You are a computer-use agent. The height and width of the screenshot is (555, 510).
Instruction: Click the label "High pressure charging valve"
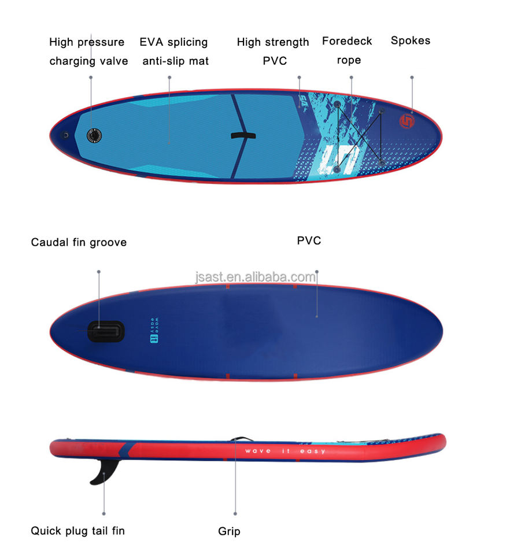tap(88, 51)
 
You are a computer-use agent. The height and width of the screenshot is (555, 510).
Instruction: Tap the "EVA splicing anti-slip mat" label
tap(174, 51)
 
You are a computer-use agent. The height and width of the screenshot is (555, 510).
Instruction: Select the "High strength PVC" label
tap(273, 51)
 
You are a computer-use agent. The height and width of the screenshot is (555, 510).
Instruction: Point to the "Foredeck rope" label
tap(347, 50)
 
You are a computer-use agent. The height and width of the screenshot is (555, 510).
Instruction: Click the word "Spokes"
tap(410, 40)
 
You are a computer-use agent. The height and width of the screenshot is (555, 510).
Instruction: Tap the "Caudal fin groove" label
tap(79, 242)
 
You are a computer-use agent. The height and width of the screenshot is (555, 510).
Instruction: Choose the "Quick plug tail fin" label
tap(77, 530)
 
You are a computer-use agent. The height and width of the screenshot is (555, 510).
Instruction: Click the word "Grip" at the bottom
tap(229, 531)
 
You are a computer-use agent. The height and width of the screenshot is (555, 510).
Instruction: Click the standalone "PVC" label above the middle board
tap(309, 240)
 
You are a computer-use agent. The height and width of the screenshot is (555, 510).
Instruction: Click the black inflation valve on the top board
tap(94, 135)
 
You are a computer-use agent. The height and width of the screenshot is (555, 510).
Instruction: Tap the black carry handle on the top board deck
tap(243, 136)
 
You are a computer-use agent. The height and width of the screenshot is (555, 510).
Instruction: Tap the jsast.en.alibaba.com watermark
tap(256, 277)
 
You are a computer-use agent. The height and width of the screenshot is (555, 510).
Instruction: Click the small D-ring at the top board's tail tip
tap(65, 135)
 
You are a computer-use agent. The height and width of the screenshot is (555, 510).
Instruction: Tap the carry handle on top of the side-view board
tap(240, 440)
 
